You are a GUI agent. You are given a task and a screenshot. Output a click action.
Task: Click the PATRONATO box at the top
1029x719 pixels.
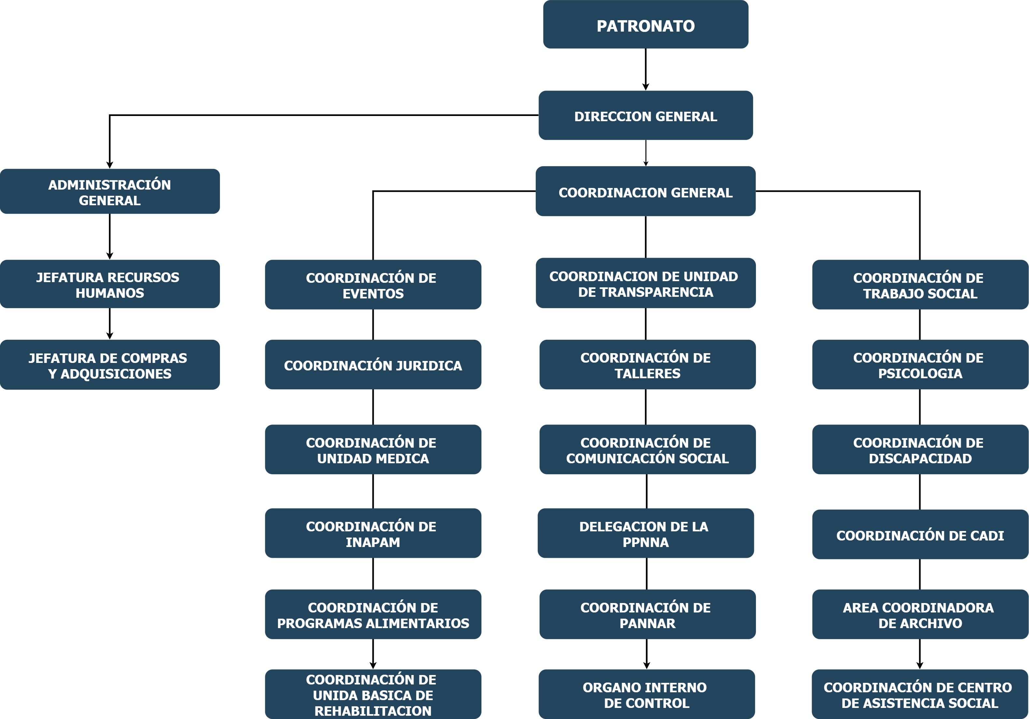pyautogui.click(x=645, y=25)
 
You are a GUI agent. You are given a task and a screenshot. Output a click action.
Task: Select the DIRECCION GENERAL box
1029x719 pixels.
pyautogui.click(x=645, y=116)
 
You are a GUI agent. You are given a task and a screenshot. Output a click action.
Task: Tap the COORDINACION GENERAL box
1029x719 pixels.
pyautogui.click(x=645, y=192)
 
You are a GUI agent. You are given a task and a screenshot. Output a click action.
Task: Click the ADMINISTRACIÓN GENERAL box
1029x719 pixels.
pyautogui.click(x=110, y=192)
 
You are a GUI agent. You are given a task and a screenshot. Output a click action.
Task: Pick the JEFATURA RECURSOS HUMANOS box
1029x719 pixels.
pyautogui.click(x=110, y=284)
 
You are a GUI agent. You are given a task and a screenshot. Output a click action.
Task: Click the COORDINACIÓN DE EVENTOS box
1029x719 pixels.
pyautogui.click(x=373, y=285)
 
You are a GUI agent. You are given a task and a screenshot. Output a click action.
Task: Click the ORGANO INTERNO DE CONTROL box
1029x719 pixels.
pyautogui.click(x=646, y=694)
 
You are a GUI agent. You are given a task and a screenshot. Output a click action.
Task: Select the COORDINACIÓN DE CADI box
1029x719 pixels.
pyautogui.click(x=920, y=535)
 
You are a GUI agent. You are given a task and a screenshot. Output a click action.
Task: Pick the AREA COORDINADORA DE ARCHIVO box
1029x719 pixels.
pyautogui.click(x=920, y=615)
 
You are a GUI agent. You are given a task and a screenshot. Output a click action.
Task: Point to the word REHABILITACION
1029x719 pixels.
pyautogui.click(x=373, y=711)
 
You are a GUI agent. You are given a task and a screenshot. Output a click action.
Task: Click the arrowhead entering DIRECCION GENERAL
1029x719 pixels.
pyautogui.click(x=645, y=87)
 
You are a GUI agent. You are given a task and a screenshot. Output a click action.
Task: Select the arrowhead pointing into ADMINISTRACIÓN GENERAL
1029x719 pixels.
pyautogui.click(x=110, y=165)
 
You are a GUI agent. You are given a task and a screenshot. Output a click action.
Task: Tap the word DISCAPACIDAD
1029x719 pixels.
pyautogui.click(x=920, y=459)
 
